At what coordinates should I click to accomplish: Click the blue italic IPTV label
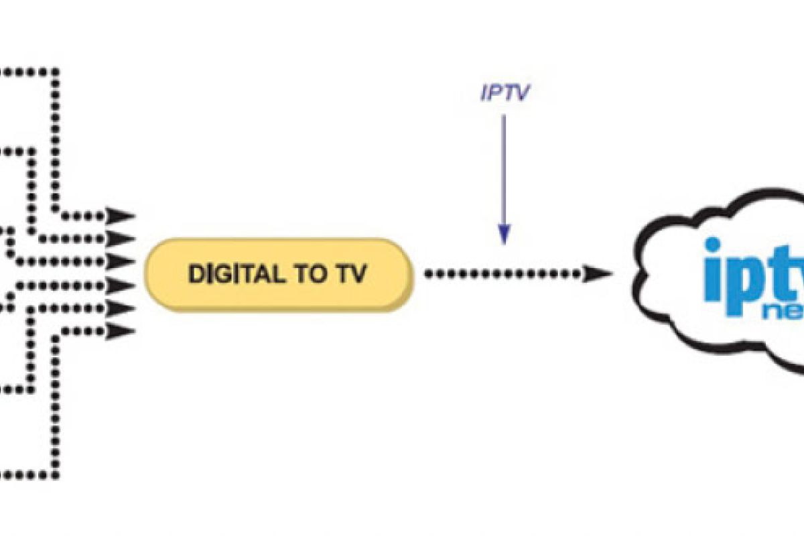(504, 93)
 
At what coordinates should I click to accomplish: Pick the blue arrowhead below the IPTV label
(505, 234)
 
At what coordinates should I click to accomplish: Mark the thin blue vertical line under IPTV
(505, 167)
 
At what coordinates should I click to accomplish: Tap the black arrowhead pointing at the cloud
(598, 273)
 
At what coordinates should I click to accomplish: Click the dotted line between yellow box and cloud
(503, 273)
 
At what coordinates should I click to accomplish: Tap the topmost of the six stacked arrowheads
(123, 216)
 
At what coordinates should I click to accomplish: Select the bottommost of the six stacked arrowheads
(123, 330)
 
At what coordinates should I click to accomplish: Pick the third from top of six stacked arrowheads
(123, 261)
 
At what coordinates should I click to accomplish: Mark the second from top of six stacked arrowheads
(123, 239)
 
